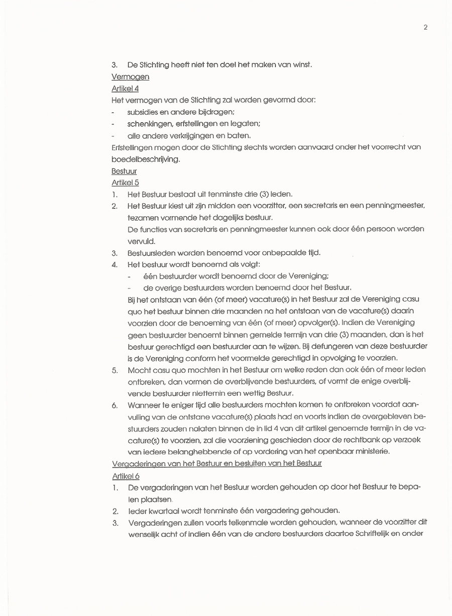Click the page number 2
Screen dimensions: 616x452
point(425,27)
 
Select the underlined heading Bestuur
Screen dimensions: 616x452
point(124,171)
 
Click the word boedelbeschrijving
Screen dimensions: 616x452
point(145,159)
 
